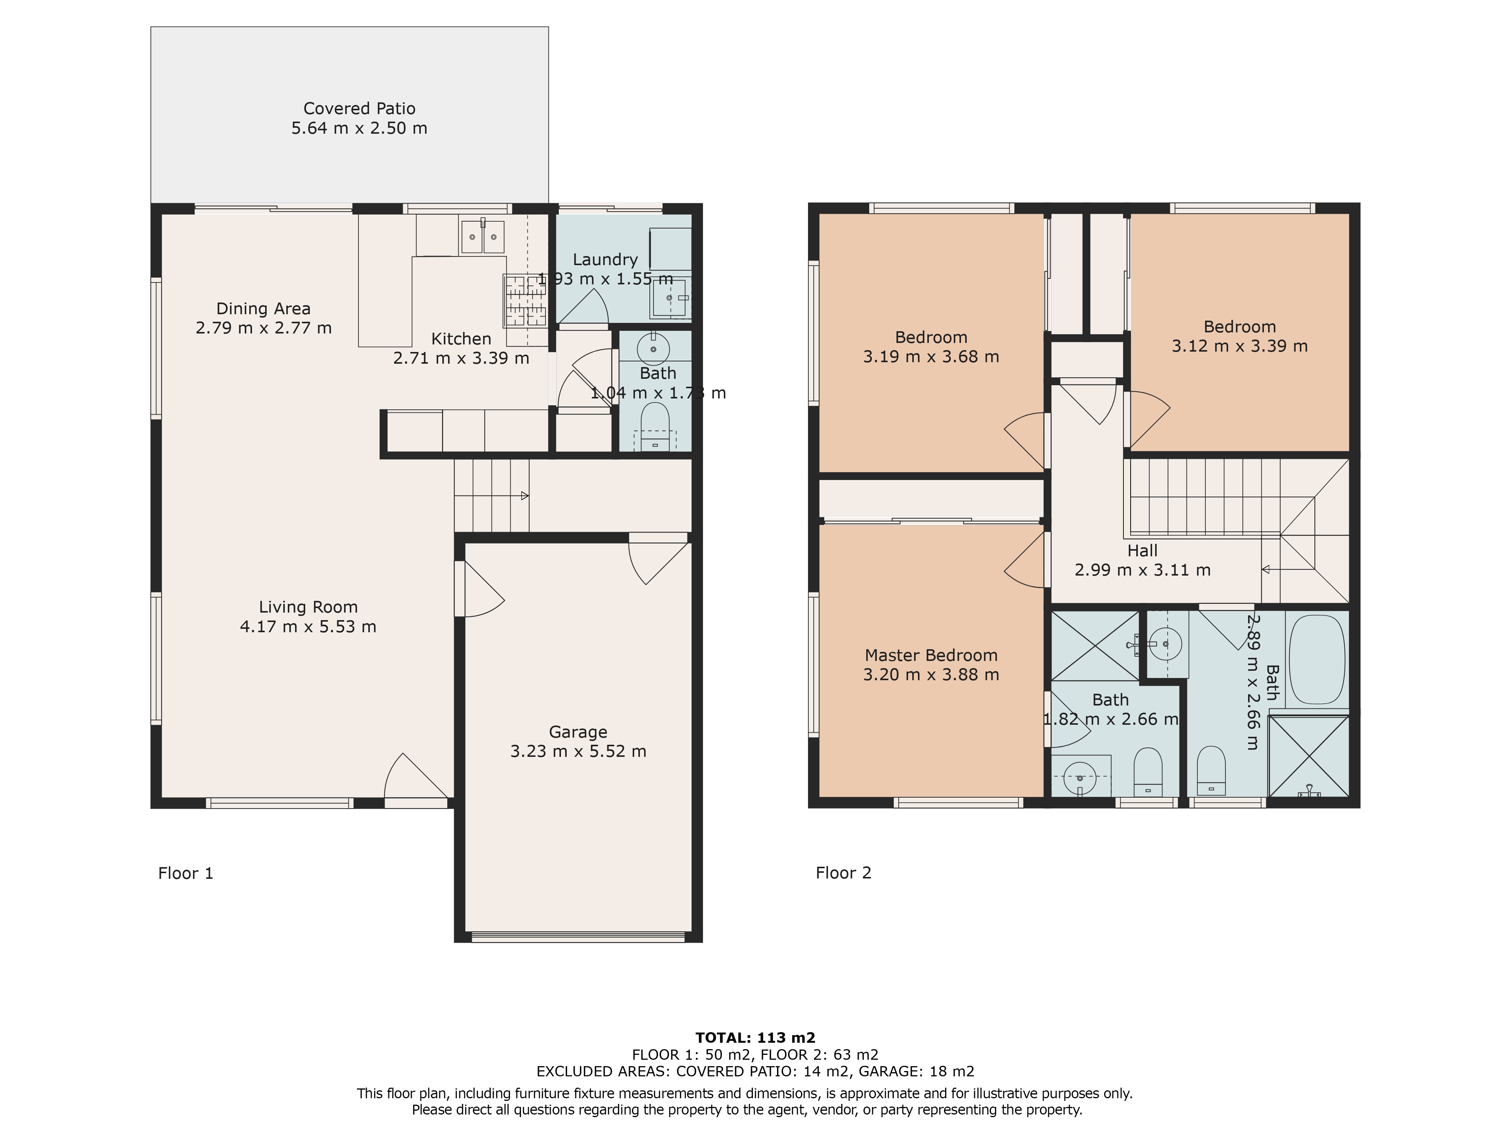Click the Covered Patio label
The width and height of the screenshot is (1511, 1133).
pyautogui.click(x=359, y=109)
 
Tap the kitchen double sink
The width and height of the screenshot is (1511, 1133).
pyautogui.click(x=483, y=236)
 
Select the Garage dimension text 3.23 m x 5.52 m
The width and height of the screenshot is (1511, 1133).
pyautogui.click(x=578, y=751)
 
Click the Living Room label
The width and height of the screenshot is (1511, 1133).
pyautogui.click(x=308, y=607)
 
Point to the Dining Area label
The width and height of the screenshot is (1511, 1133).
pyautogui.click(x=264, y=309)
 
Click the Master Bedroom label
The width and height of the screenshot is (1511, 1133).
pyautogui.click(x=931, y=656)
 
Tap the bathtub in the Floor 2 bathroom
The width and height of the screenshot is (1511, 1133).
pyautogui.click(x=1316, y=659)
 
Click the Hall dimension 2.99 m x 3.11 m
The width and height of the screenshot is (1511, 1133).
pyautogui.click(x=1142, y=570)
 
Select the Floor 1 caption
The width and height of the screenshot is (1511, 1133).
pyautogui.click(x=186, y=874)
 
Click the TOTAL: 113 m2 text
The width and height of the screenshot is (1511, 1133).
pyautogui.click(x=755, y=1038)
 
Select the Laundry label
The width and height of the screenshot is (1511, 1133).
pyautogui.click(x=605, y=259)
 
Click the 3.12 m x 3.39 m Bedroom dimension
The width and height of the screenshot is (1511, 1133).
pyautogui.click(x=1240, y=346)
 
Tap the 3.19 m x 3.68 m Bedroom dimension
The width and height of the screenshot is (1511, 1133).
pyautogui.click(x=931, y=357)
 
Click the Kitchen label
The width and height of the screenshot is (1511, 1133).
pyautogui.click(x=461, y=339)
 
